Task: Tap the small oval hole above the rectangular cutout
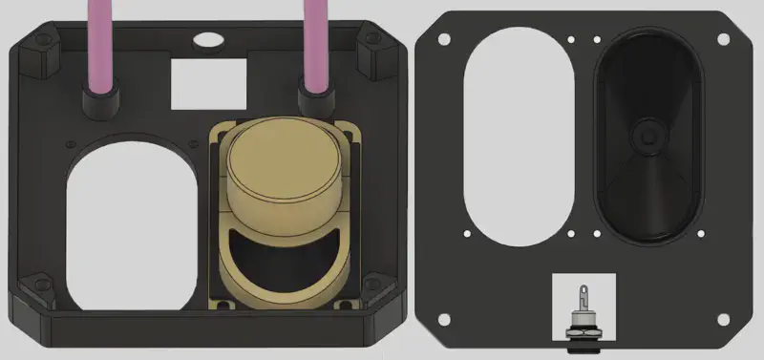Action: tap(206, 39)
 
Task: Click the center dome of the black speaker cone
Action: tap(648, 136)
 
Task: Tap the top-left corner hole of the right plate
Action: tap(443, 37)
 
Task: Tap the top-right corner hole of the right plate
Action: tap(722, 37)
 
